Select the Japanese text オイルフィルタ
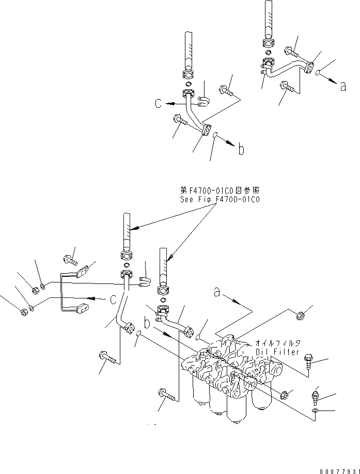point(278,342)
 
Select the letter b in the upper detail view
point(240,151)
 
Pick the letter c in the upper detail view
point(159,103)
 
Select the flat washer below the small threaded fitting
point(316,412)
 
